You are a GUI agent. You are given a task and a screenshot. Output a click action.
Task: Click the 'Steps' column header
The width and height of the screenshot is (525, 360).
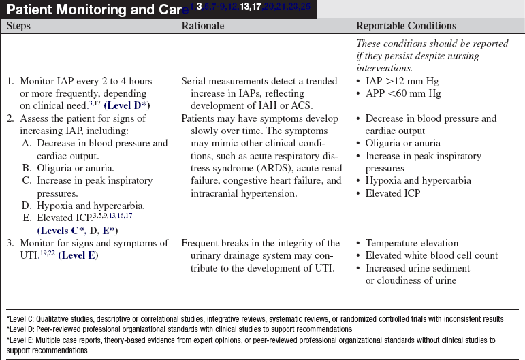(x=20, y=27)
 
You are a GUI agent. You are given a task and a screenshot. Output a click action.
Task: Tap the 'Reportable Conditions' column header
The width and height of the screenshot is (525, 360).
(x=406, y=27)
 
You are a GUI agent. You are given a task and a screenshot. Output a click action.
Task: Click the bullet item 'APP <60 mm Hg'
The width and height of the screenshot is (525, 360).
(x=399, y=93)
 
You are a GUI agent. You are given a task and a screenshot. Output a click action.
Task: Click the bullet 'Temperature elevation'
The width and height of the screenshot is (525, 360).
(x=411, y=243)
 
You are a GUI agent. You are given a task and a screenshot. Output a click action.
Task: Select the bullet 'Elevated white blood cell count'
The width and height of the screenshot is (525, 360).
(x=432, y=255)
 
